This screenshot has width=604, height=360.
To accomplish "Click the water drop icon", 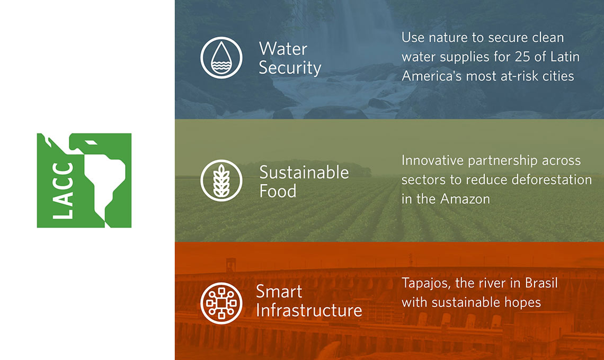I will click(221, 58).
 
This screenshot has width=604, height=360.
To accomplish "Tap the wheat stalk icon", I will click(221, 181).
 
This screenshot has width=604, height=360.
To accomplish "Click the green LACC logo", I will click(84, 181).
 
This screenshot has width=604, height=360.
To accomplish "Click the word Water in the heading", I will click(283, 49).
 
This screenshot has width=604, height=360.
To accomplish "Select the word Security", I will click(290, 68).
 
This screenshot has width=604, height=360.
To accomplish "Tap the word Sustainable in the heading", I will click(304, 173).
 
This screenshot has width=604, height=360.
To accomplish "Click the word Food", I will click(278, 191).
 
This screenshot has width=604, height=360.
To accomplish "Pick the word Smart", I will click(279, 291).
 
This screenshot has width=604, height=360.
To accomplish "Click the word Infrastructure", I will click(309, 310).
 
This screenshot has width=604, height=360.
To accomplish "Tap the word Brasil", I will click(540, 283).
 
